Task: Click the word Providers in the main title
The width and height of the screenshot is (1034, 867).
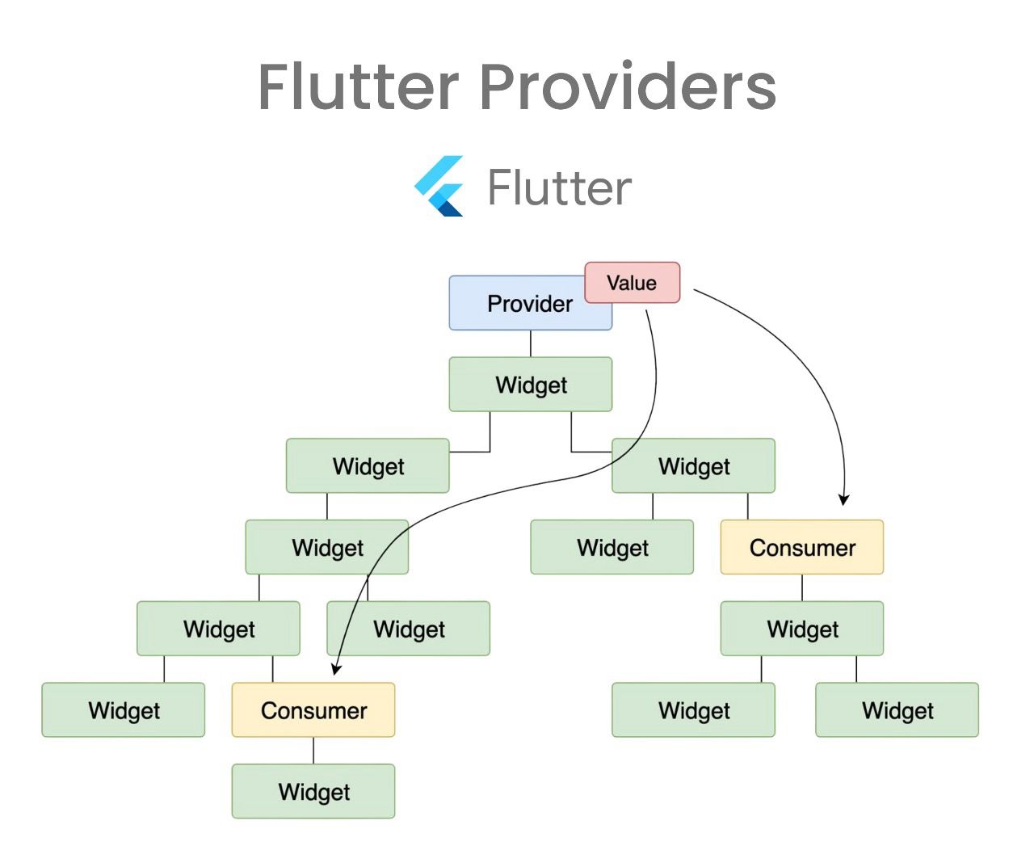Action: click(628, 87)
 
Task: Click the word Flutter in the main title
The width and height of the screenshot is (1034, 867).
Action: click(359, 87)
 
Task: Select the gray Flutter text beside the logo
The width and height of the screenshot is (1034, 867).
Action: click(559, 188)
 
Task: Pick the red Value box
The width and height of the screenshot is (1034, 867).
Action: click(633, 283)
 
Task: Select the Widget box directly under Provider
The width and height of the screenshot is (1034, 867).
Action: click(531, 385)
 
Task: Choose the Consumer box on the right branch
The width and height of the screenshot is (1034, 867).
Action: click(801, 547)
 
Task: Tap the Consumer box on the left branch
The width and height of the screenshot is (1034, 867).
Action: click(313, 710)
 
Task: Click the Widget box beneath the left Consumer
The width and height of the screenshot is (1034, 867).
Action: click(313, 791)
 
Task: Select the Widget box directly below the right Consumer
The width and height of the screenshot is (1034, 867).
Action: click(801, 629)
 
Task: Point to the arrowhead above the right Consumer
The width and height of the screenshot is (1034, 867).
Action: click(843, 500)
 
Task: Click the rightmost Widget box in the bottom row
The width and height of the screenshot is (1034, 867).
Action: click(897, 710)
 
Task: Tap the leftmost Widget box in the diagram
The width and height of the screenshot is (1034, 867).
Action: click(124, 710)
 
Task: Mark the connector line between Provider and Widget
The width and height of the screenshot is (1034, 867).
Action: click(531, 343)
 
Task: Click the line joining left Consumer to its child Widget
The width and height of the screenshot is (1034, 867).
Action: click(313, 751)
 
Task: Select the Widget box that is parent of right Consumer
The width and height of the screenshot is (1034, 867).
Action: click(693, 466)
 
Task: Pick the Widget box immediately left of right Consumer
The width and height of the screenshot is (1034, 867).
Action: click(612, 547)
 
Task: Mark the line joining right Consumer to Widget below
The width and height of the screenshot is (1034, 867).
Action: click(801, 587)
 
